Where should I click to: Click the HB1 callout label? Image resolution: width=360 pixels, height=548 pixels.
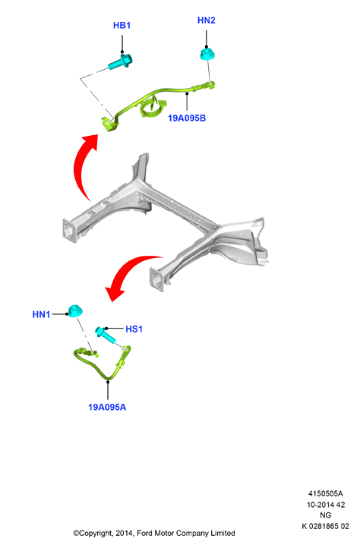(122, 26)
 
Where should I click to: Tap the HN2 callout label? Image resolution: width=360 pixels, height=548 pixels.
(207, 20)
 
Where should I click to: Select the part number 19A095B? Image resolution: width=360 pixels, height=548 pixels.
(187, 118)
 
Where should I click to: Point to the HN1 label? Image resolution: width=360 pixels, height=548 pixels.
(41, 314)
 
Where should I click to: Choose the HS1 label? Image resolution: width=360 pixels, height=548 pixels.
(134, 329)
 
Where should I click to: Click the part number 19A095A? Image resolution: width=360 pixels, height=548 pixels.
(107, 407)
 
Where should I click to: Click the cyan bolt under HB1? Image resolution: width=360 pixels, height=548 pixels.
(121, 61)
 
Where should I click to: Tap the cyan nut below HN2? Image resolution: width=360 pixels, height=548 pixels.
(207, 55)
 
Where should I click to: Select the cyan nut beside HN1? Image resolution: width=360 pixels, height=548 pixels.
(75, 310)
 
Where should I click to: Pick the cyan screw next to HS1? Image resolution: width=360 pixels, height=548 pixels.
(106, 335)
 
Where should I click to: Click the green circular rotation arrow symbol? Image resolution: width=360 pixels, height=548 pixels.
(153, 108)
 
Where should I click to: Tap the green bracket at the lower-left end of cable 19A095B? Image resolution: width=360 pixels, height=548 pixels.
(110, 124)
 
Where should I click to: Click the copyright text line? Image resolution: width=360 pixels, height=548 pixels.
(154, 534)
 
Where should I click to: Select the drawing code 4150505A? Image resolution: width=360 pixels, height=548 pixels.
(325, 494)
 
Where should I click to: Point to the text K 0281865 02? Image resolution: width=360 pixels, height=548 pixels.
(325, 526)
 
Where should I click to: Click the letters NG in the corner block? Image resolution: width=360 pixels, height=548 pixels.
(325, 515)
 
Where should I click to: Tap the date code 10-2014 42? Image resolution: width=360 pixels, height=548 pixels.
(326, 505)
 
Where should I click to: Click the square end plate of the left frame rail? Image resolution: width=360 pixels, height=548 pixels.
(70, 231)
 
